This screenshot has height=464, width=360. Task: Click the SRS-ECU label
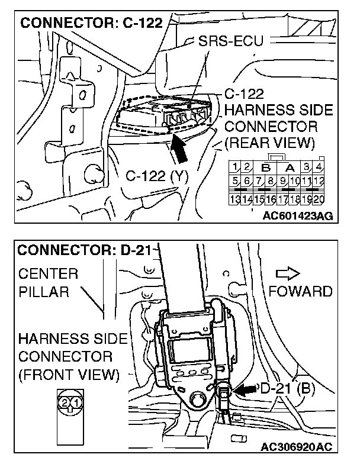tap(231, 42)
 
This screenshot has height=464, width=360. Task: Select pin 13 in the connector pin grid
tap(236, 198)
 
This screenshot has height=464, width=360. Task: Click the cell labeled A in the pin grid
tap(291, 168)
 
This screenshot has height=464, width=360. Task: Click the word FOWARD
tap(300, 291)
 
